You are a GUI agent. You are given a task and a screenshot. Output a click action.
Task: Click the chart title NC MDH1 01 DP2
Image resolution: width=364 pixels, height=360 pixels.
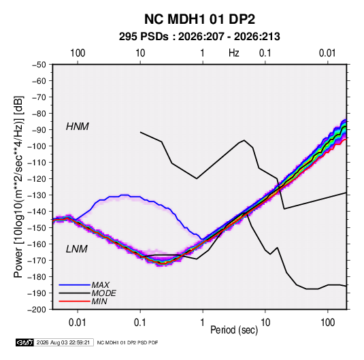pos(199,19)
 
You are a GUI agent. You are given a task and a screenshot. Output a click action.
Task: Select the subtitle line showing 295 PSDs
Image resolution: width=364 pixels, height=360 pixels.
pos(199,37)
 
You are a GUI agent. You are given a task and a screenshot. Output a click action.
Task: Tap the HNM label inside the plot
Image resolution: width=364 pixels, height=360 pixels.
pos(78,127)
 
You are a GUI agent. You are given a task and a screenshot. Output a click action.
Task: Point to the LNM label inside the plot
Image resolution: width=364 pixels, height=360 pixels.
pos(77,249)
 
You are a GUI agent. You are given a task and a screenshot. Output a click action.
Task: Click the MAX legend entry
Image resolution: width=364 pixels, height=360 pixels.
pos(100,284)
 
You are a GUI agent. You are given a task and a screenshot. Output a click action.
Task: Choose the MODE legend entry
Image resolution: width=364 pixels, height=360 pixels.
pos(103,293)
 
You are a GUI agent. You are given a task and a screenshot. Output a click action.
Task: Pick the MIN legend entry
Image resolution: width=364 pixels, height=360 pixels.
pos(99,301)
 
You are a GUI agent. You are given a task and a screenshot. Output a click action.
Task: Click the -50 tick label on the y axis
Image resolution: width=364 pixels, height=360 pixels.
pos(39,65)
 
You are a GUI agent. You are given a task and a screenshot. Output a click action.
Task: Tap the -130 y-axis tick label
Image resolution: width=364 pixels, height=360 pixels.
pos(37,195)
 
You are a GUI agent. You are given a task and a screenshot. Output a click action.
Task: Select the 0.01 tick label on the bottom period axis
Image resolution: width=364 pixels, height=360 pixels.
pos(78,323)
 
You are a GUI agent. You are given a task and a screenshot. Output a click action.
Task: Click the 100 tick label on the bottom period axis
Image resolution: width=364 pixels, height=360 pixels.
pos(327,323)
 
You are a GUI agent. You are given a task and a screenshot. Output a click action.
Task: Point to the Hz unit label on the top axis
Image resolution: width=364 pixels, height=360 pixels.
pos(234,53)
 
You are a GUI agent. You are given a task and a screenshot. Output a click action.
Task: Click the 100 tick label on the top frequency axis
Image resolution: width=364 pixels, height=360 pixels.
pos(78,53)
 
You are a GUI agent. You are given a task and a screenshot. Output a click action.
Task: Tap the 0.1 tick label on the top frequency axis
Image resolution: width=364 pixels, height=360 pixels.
pos(265,53)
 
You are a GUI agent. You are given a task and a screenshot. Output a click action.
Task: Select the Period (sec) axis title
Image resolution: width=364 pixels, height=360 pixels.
pos(234,330)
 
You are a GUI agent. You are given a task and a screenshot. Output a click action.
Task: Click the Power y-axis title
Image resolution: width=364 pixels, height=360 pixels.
pos(18,186)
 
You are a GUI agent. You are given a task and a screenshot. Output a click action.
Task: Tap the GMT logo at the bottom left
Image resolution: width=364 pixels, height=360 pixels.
pos(24,342)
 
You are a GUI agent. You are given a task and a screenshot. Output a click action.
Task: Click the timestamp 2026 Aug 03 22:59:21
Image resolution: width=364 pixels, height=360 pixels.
pos(63,342)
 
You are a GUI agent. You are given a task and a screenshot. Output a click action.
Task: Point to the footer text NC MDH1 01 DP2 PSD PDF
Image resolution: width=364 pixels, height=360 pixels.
pos(127,342)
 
